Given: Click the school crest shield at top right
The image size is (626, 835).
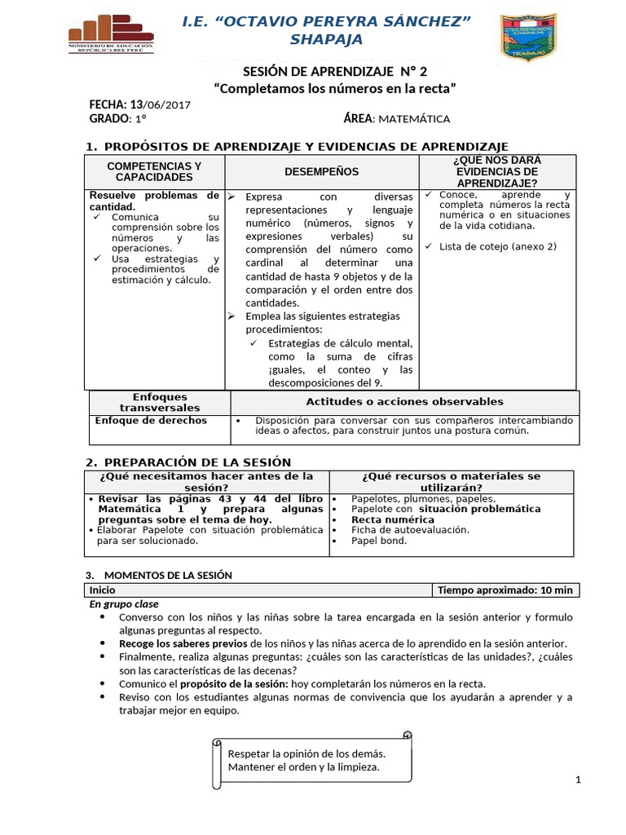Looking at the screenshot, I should click(x=527, y=36).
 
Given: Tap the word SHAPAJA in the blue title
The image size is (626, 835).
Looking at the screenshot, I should click(x=327, y=40).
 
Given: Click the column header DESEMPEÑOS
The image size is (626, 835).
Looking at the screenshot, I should click(x=321, y=171).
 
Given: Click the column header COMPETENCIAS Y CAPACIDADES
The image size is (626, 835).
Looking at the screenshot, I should click(x=154, y=171).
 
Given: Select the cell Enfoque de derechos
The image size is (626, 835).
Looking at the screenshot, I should click(x=151, y=421).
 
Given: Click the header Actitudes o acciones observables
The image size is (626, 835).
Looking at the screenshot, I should click(x=404, y=401).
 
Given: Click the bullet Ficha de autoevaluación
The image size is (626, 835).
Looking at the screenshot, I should click(x=398, y=530).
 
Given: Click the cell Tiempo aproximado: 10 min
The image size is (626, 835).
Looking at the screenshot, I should click(x=505, y=590).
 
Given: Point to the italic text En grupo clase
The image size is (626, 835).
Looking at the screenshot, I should click(x=124, y=604).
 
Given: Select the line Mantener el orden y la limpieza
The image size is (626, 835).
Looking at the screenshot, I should click(x=303, y=767).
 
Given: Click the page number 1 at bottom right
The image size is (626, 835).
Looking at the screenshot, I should click(x=577, y=780).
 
